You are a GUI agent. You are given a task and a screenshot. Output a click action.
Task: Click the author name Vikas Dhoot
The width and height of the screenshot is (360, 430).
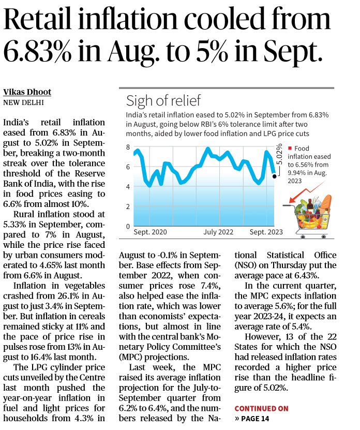click(x=27, y=92)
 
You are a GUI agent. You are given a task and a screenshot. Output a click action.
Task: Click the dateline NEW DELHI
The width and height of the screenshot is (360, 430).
click(x=23, y=102)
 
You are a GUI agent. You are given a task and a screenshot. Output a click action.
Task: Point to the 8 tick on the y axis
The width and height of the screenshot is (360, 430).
click(x=127, y=147)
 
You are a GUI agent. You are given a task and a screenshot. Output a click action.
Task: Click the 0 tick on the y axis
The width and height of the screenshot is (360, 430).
click(x=127, y=227)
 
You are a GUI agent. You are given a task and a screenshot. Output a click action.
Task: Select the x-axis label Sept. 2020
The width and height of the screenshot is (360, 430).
click(x=151, y=232)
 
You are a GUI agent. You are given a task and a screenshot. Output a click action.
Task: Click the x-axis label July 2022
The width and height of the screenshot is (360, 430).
click(x=218, y=232)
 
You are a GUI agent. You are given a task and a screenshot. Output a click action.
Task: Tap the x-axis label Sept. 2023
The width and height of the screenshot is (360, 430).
click(x=266, y=232)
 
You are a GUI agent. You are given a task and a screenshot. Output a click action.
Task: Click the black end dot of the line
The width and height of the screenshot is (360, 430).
click(x=274, y=176)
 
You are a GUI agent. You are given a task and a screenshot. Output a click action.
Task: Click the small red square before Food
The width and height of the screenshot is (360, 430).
click(x=291, y=148)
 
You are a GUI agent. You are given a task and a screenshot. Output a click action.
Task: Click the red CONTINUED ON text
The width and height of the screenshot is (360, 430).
click(x=261, y=408)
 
